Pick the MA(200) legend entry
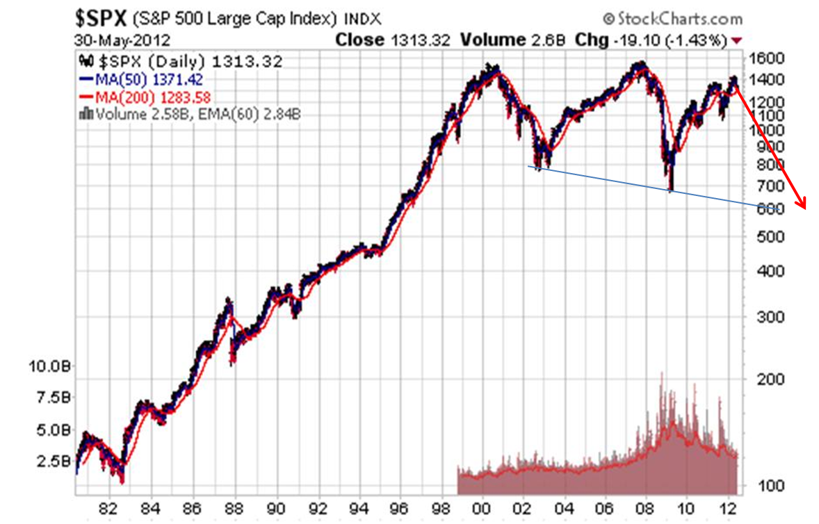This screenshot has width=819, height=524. [145, 97]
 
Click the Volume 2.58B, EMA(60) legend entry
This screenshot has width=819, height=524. [192, 114]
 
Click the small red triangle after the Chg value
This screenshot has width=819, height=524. [737, 41]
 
